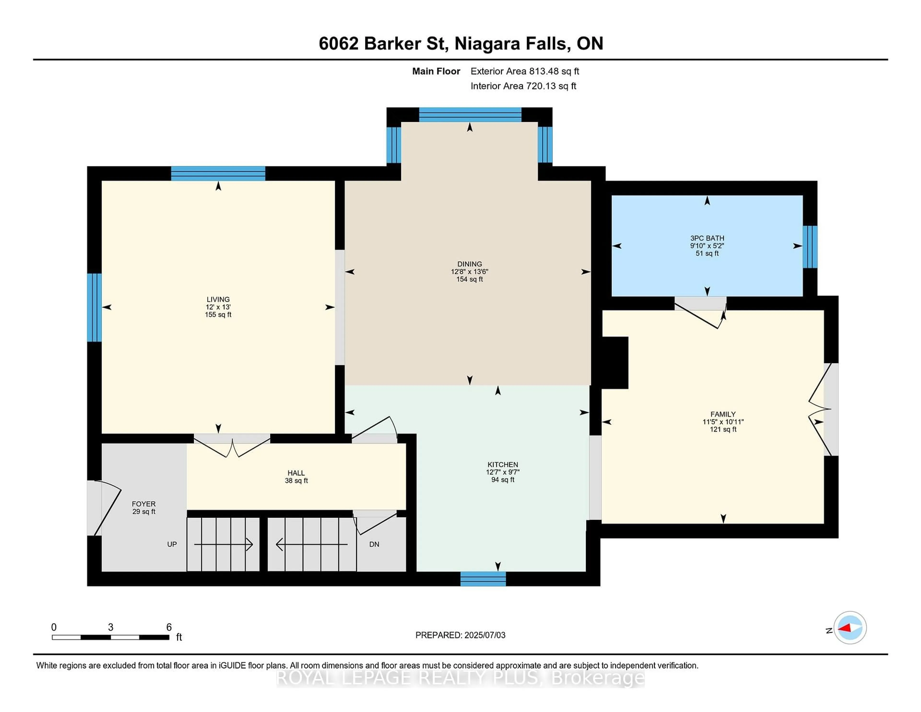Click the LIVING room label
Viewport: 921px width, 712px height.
[218, 299]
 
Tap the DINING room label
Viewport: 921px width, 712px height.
[469, 264]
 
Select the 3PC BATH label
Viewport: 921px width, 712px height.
[707, 238]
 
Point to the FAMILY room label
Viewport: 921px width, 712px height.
[723, 414]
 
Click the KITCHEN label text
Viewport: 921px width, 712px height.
[503, 464]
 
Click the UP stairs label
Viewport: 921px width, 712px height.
[172, 544]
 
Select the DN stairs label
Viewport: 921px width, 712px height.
[374, 544]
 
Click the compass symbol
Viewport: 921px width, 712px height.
[850, 627]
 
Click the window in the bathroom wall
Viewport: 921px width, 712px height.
[810, 247]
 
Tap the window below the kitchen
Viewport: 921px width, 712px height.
[483, 579]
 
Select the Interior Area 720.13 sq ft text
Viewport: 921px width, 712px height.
[523, 86]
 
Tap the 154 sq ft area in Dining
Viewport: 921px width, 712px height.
[469, 279]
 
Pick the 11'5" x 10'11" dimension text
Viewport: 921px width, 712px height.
[723, 422]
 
